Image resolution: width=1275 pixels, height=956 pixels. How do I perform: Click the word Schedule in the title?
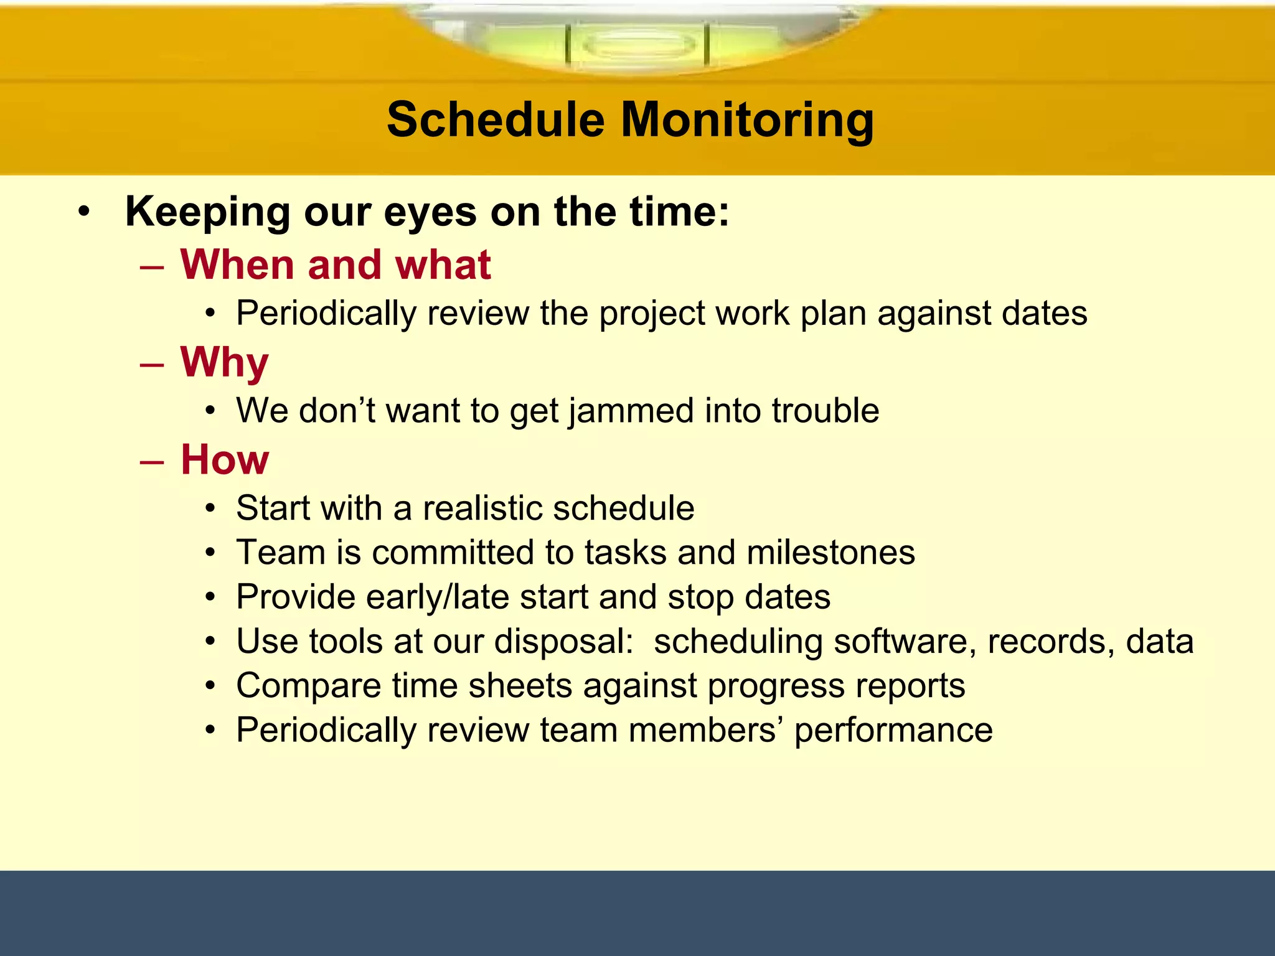pos(496,119)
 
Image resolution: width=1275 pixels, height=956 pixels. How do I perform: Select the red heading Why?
pos(224,362)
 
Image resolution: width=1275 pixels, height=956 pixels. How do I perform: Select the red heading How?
pos(225,460)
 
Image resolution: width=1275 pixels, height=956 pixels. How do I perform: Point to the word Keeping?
pos(208,212)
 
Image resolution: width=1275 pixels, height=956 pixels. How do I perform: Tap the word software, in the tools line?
pos(905,642)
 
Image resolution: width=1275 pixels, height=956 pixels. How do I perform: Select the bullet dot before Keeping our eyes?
pos(84,212)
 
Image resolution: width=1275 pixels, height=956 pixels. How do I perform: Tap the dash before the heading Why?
pos(152,365)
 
